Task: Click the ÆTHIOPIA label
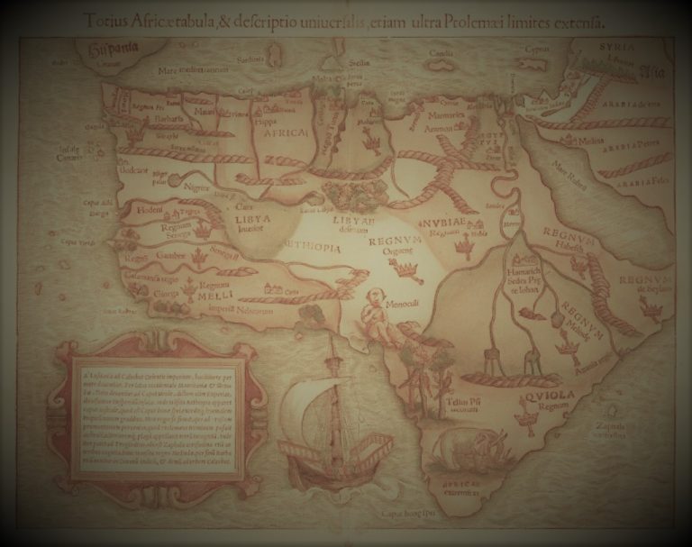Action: click(313, 247)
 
